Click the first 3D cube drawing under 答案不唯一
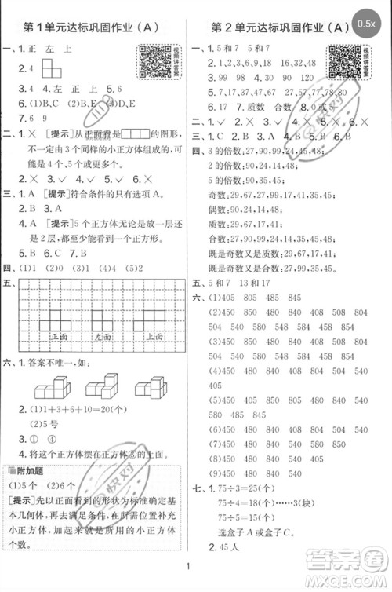click(52, 386)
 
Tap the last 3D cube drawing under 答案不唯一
click(150, 386)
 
